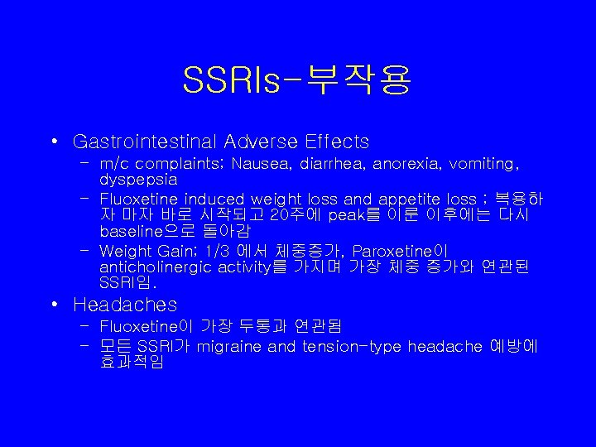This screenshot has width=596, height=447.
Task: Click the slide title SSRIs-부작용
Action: [x=297, y=79]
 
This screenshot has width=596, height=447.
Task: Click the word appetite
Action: [x=406, y=199]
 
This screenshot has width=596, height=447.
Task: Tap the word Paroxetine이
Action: [x=400, y=251]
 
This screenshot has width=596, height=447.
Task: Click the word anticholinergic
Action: [x=154, y=267]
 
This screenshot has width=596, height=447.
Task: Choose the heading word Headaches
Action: [x=125, y=305]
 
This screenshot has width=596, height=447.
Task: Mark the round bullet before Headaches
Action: [x=53, y=305]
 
